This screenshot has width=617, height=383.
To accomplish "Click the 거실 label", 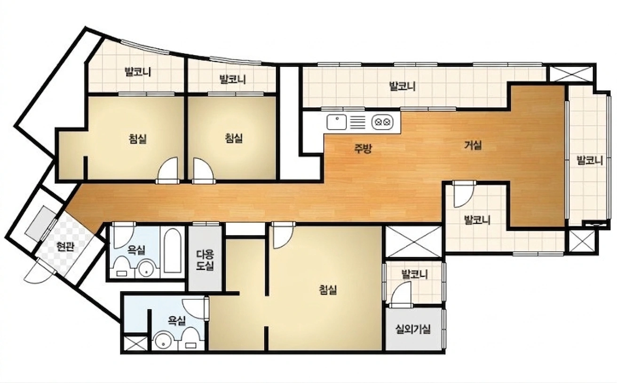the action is [x=473, y=145].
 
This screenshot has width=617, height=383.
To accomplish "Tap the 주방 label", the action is [x=363, y=149].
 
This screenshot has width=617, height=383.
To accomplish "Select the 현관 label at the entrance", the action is [x=65, y=246].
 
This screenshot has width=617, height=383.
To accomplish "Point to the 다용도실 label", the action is [x=205, y=260].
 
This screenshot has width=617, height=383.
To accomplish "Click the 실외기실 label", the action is [x=413, y=328].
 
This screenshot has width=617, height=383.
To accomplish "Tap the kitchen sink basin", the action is [x=336, y=122].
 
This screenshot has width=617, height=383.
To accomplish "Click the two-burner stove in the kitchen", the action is [x=382, y=122].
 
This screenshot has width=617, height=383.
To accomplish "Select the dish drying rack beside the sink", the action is [x=357, y=122].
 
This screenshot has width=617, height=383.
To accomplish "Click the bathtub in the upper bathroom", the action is [x=173, y=250].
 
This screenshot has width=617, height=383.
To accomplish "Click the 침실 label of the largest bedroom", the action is [x=328, y=290].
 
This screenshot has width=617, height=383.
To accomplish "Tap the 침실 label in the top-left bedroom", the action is [x=137, y=139].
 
